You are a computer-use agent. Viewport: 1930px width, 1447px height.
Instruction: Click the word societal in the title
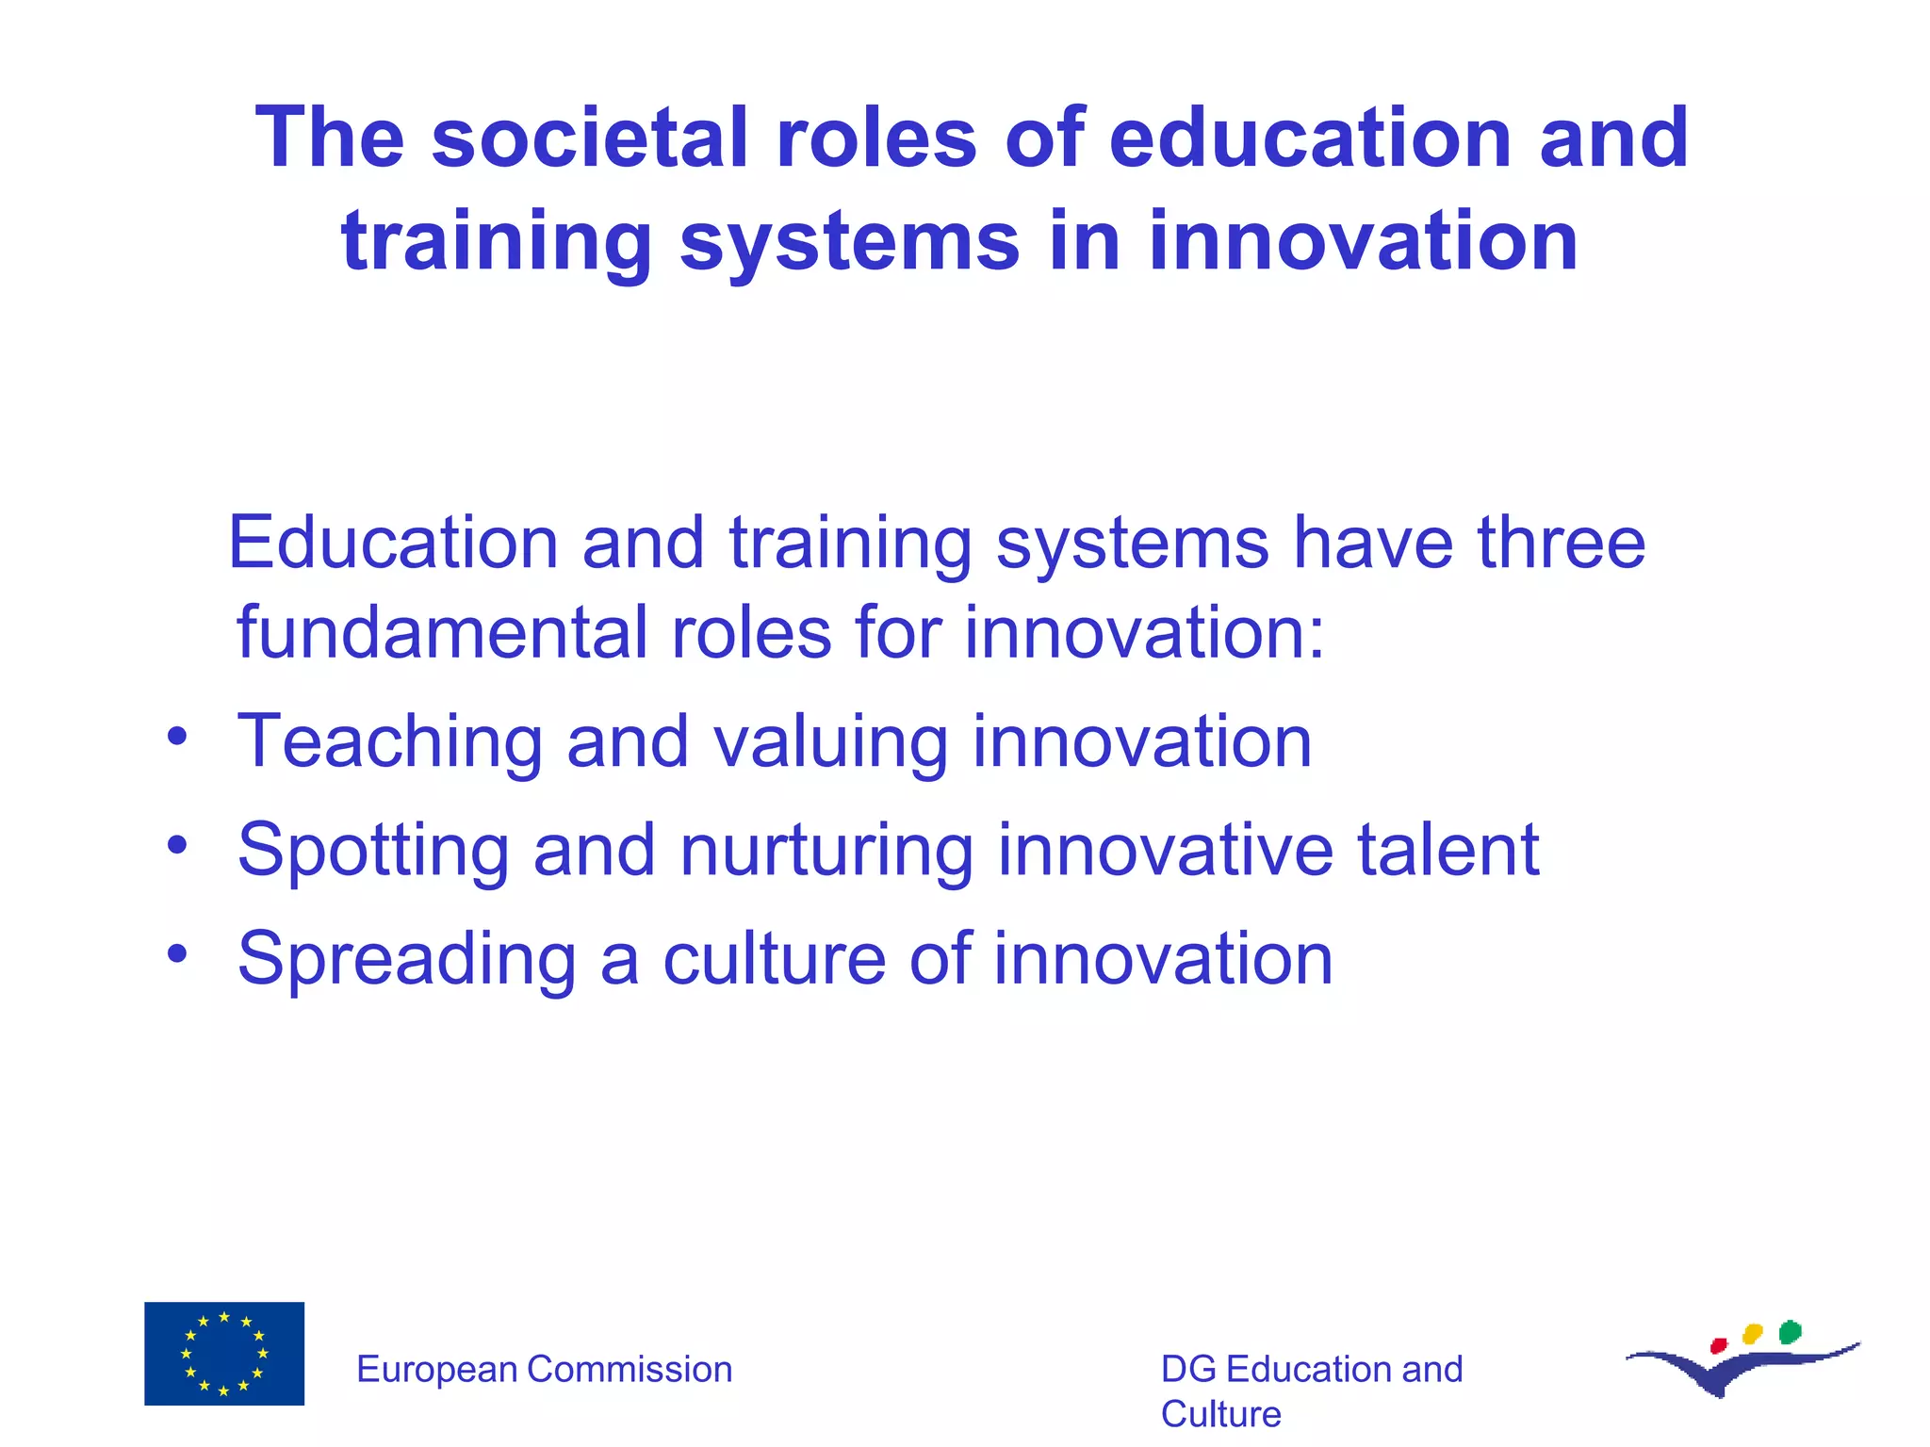[x=589, y=138]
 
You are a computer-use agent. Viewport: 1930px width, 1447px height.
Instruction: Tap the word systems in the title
[x=849, y=243]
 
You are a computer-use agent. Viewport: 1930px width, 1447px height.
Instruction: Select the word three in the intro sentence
[x=1561, y=544]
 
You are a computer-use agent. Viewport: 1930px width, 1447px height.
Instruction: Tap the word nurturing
[x=826, y=852]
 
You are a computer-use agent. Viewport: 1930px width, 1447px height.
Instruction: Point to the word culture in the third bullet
[x=774, y=959]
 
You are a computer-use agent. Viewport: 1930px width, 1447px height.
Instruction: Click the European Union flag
[x=224, y=1354]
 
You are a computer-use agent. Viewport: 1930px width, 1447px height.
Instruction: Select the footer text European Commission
[x=544, y=1369]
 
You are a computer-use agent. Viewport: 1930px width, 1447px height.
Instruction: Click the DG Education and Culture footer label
[x=1311, y=1390]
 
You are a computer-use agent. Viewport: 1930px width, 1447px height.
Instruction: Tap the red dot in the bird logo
[x=1718, y=1345]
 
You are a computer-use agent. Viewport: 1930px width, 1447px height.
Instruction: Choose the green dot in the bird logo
[x=1791, y=1332]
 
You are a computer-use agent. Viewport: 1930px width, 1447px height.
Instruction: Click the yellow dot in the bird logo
[x=1753, y=1334]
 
